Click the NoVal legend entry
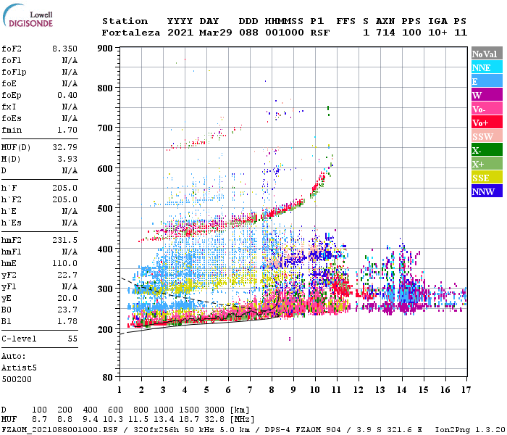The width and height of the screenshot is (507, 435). click(x=484, y=54)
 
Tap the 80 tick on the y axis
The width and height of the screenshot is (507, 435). click(x=107, y=378)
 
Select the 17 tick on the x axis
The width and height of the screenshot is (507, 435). click(x=464, y=390)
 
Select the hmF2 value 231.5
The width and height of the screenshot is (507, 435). click(x=64, y=240)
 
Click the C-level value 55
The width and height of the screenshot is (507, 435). click(x=72, y=339)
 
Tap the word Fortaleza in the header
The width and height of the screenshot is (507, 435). click(x=130, y=33)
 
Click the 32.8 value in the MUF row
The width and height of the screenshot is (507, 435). click(x=218, y=420)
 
